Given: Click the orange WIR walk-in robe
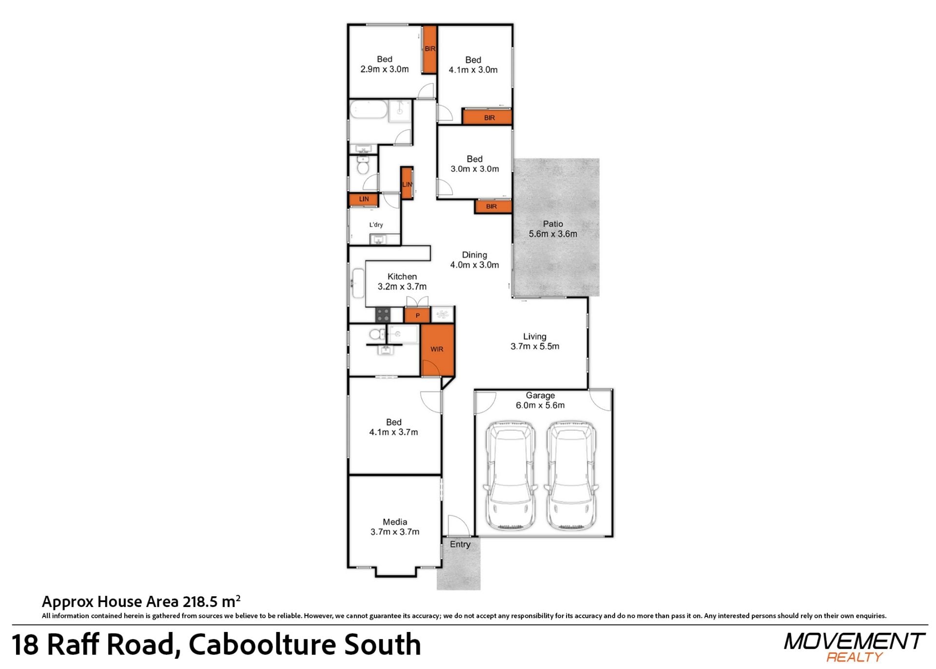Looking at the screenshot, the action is (x=437, y=350).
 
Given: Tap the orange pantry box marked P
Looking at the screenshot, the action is (x=417, y=315).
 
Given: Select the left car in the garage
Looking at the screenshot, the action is (x=510, y=475).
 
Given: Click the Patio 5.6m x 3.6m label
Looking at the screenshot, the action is (x=553, y=229).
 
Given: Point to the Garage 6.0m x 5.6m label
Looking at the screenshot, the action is (x=540, y=400).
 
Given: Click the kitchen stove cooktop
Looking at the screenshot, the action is (x=383, y=315).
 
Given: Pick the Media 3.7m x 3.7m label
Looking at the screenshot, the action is (x=395, y=527).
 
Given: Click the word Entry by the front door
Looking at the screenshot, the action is (x=460, y=544).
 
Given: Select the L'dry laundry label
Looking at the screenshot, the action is (x=376, y=225).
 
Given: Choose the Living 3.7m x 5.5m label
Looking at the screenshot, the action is (x=535, y=342).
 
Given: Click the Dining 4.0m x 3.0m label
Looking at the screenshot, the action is (x=474, y=260).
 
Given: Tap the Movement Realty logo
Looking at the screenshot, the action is (x=854, y=647).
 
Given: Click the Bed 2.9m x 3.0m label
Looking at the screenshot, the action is (x=385, y=64).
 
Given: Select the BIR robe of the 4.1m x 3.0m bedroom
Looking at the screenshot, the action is (x=487, y=118).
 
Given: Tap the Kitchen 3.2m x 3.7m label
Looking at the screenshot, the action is (x=402, y=282).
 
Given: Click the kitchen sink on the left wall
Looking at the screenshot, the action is (x=358, y=283).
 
